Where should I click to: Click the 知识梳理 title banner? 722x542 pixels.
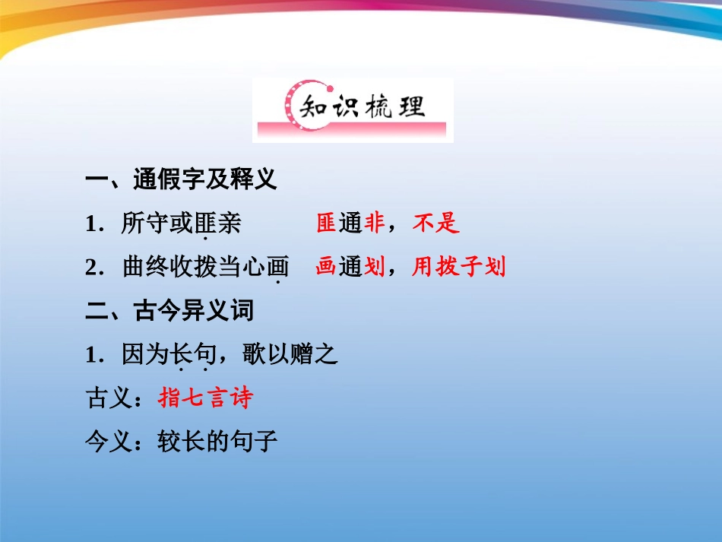tap(353, 109)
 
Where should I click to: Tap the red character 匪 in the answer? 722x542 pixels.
tap(326, 223)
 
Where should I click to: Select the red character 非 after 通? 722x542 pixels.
tap(374, 223)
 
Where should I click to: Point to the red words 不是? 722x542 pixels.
tap(436, 223)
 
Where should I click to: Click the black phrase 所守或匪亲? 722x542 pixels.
tap(181, 223)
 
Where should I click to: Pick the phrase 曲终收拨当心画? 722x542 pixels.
tap(206, 267)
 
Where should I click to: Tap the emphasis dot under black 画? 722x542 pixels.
tap(278, 283)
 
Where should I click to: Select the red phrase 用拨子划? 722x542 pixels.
tap(459, 267)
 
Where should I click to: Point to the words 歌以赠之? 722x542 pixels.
tap(290, 353)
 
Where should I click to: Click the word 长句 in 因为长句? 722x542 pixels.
tap(193, 353)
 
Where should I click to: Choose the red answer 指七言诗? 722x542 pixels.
tap(205, 397)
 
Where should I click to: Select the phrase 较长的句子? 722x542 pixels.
tap(217, 441)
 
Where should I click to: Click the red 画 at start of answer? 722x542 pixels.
tap(326, 267)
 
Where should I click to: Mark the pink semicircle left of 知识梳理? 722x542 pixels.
tap(289, 108)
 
